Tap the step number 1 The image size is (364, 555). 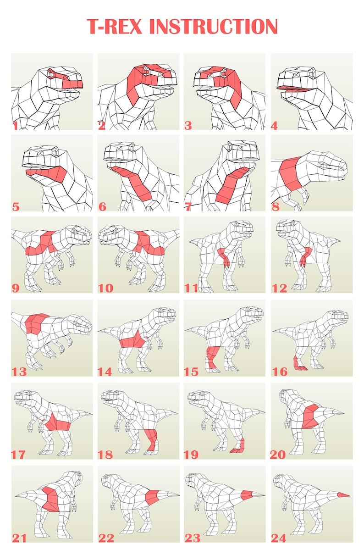pyautogui.click(x=16, y=125)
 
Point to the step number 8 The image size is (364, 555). pyautogui.click(x=276, y=207)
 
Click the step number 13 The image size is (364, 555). pyautogui.click(x=19, y=372)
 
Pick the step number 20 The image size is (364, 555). pyautogui.click(x=278, y=455)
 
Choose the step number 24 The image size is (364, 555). pyautogui.click(x=279, y=538)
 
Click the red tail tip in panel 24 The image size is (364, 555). pyautogui.click(x=343, y=495)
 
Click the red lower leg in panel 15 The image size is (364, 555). pyautogui.click(x=213, y=357)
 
